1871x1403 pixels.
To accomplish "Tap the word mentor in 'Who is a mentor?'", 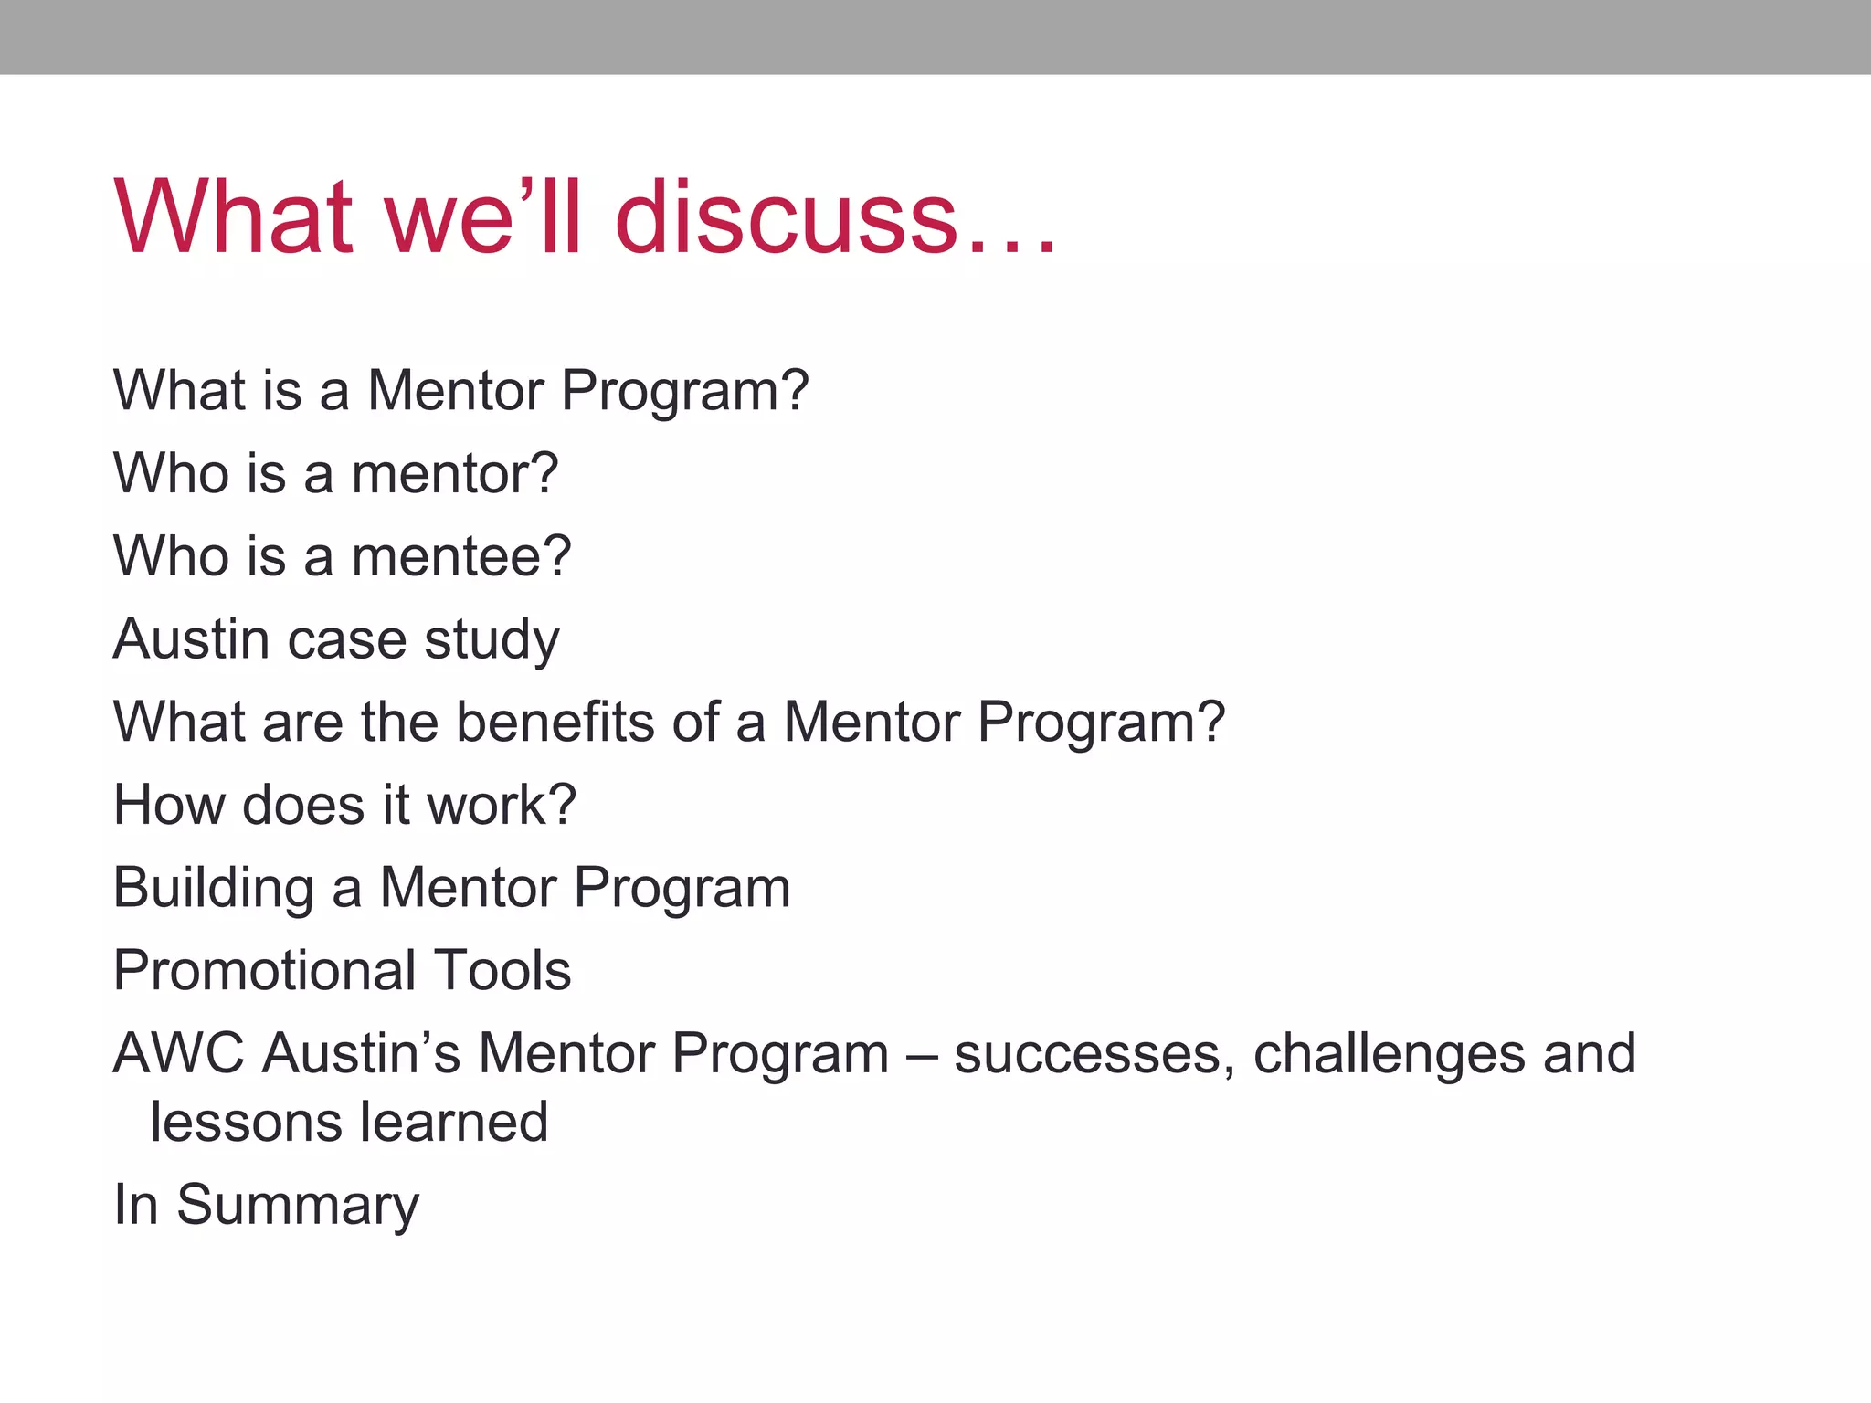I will click(454, 474).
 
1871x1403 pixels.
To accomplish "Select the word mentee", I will click(461, 556).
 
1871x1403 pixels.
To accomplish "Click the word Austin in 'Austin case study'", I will click(191, 638).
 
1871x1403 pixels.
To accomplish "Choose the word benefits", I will click(555, 722).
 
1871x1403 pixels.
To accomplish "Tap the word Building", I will click(214, 889).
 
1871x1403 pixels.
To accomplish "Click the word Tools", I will click(502, 970).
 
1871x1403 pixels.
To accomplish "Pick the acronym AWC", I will click(179, 1053).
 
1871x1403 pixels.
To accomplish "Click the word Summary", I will click(298, 1206).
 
